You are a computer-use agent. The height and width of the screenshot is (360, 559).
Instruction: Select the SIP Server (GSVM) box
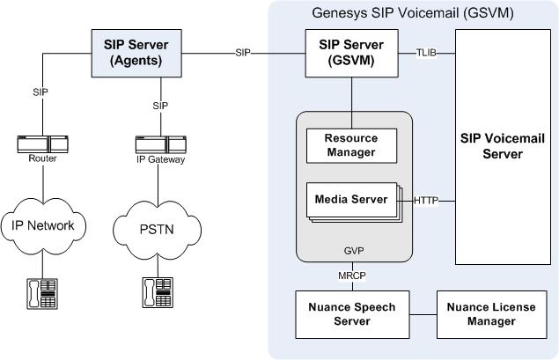[x=352, y=54]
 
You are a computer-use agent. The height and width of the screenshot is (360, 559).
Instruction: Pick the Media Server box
[x=351, y=200]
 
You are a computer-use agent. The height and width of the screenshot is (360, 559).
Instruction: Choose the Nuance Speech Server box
[x=351, y=314]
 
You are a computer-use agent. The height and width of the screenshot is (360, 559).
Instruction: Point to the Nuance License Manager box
[x=481, y=314]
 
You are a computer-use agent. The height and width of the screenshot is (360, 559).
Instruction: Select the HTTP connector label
[x=427, y=201]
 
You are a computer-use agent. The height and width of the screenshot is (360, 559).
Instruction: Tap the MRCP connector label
[x=351, y=276]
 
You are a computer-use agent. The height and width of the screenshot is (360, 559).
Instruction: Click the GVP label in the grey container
[x=353, y=250]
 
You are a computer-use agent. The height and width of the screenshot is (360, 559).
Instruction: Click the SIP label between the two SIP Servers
[x=244, y=53]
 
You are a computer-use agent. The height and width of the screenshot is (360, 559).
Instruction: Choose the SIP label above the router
[x=40, y=91]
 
